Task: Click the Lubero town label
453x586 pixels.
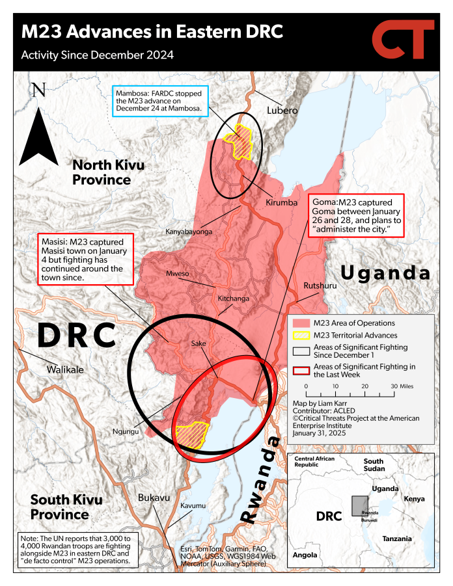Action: click(282, 111)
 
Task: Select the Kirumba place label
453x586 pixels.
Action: click(281, 203)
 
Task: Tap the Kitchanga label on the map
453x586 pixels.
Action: click(234, 299)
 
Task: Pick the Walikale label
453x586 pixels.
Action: click(65, 369)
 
